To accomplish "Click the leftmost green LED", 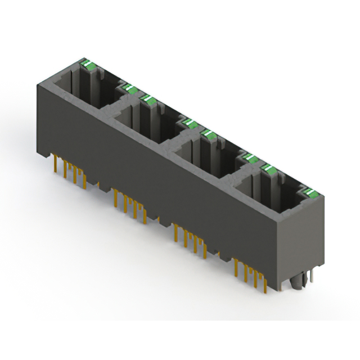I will (x=88, y=65).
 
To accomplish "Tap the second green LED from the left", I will (x=127, y=87).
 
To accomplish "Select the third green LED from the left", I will (x=149, y=100).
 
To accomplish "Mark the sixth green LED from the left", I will (x=248, y=157).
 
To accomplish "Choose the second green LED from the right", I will (x=269, y=169).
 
